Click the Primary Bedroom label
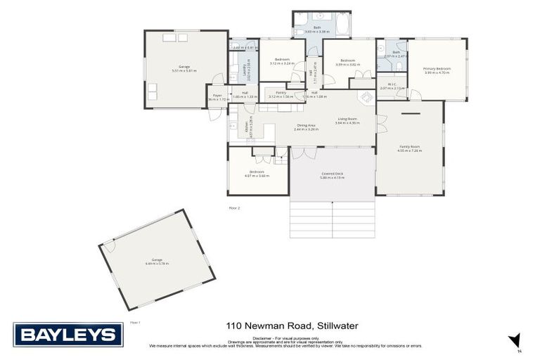tap(437, 68)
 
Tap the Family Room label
tap(409, 146)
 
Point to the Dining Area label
tap(307, 125)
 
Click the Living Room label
tap(347, 119)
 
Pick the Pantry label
tap(281, 93)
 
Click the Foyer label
tap(218, 96)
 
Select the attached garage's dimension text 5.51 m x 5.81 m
tap(185, 71)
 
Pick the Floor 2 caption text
tap(234, 208)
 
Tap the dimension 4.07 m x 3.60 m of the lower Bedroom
tap(257, 176)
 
